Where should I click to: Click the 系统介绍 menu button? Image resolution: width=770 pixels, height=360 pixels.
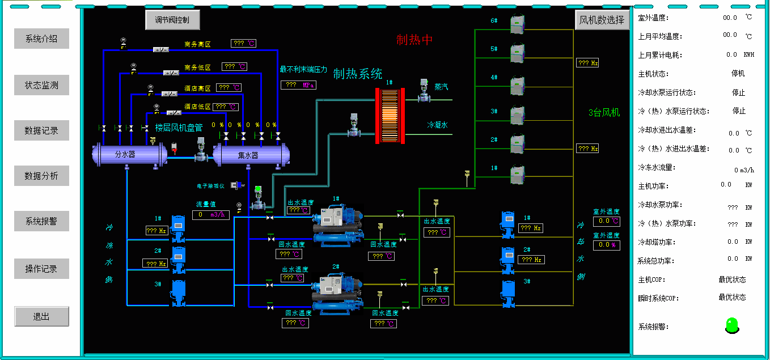41,39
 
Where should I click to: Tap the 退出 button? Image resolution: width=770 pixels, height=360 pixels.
41,316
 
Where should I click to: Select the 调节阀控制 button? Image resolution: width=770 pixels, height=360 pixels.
172,20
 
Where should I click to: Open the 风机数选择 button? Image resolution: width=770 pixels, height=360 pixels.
602,20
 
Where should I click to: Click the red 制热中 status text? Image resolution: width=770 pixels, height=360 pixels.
414,40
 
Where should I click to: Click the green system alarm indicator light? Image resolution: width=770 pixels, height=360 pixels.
732,325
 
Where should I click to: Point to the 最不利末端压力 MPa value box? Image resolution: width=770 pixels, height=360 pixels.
298,85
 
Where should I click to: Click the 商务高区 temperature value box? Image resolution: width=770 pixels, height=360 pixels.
243,44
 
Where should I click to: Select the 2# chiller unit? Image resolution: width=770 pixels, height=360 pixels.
338,292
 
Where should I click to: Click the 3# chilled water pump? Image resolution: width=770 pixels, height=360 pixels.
179,292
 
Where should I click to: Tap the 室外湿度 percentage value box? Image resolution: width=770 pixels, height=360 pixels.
606,245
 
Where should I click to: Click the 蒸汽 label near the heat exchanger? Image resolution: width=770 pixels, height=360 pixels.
441,87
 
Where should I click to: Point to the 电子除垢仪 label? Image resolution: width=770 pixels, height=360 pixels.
210,185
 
